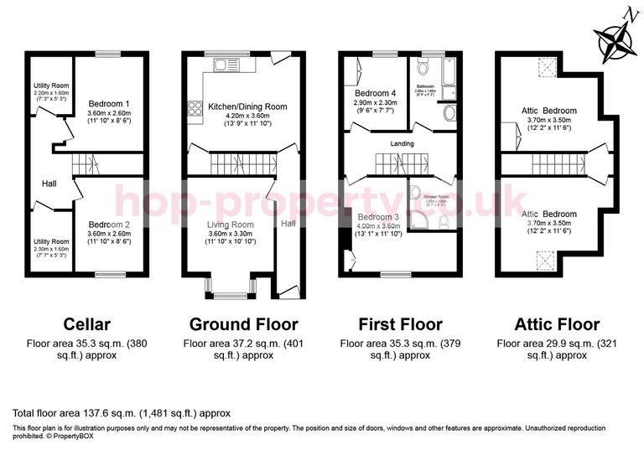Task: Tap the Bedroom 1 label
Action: (108, 103)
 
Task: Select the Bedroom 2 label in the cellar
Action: (108, 225)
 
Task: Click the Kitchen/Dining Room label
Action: (236, 106)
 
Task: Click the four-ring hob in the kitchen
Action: (193, 106)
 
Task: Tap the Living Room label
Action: (230, 225)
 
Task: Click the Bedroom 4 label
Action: (375, 92)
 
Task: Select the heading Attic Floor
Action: (548, 324)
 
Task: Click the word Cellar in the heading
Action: (87, 324)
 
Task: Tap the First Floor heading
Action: (391, 324)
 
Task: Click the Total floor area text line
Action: (121, 413)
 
